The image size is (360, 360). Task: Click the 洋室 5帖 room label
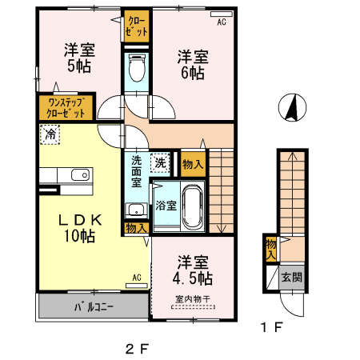pyautogui.click(x=78, y=58)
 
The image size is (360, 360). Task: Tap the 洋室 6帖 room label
pyautogui.click(x=191, y=64)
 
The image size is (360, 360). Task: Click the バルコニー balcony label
pyautogui.click(x=94, y=306)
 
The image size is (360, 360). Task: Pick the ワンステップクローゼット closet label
pyautogui.click(x=66, y=107)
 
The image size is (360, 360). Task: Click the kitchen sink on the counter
pyautogui.click(x=79, y=175)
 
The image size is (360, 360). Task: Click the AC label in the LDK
pyautogui.click(x=137, y=278)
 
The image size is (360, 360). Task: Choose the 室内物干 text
pyautogui.click(x=190, y=300)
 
